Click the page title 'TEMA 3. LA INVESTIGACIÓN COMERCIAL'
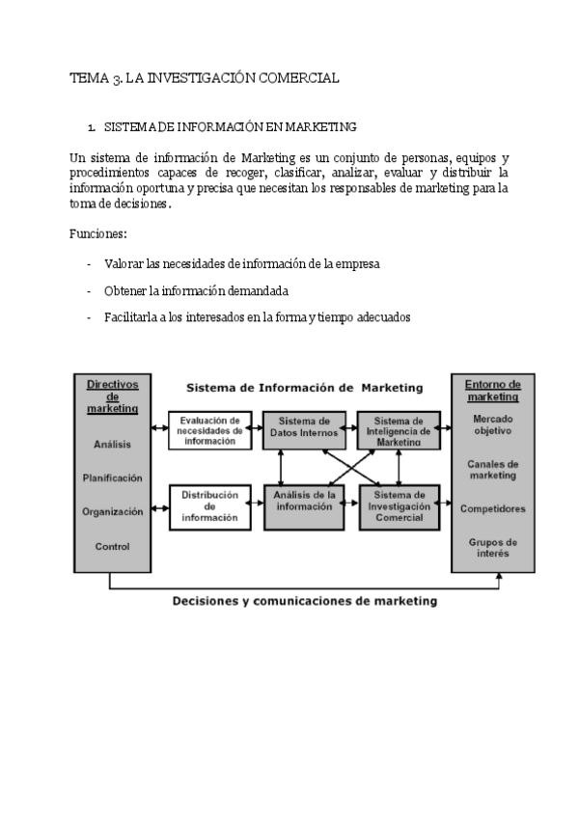click(x=205, y=78)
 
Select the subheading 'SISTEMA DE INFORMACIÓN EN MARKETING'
click(x=230, y=126)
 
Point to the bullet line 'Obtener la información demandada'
click(x=196, y=290)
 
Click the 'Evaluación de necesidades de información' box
click(x=209, y=430)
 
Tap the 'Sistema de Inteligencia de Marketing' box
click(x=399, y=430)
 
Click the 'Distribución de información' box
click(x=209, y=507)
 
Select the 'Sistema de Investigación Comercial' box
click(x=399, y=507)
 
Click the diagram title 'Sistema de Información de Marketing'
click(x=304, y=388)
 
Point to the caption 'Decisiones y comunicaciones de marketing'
click(x=304, y=601)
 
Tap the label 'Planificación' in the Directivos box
click(x=112, y=477)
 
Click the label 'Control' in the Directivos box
click(x=112, y=547)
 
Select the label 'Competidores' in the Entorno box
click(x=492, y=507)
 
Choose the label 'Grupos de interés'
click(x=492, y=548)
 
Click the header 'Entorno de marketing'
click(x=492, y=390)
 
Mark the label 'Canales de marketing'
click(x=492, y=469)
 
